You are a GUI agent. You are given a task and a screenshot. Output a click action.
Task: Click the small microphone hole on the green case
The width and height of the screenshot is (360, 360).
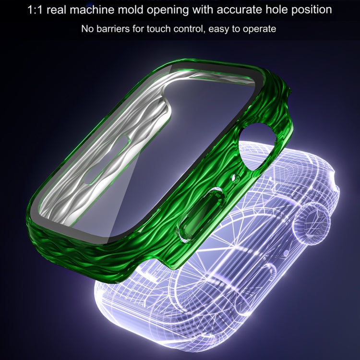coord(235,179)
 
